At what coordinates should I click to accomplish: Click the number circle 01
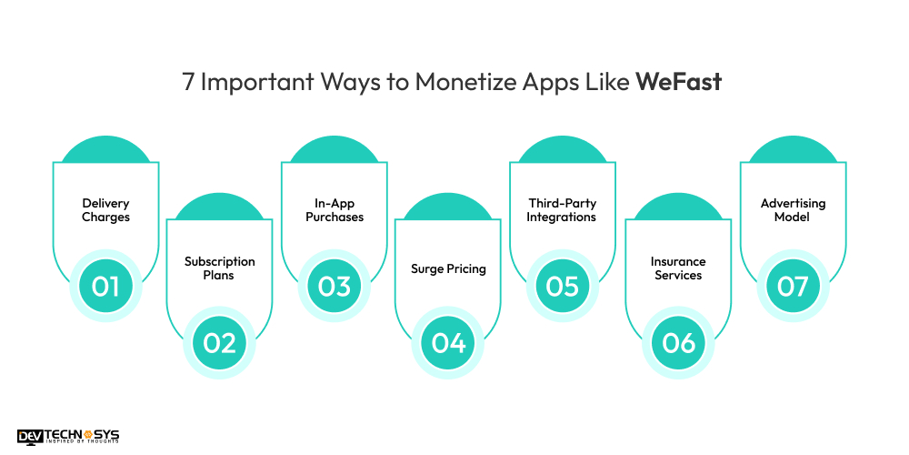click(105, 286)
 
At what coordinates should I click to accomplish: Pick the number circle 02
click(220, 343)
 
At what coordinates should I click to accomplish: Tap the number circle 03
click(335, 286)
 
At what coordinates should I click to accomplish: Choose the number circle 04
click(449, 343)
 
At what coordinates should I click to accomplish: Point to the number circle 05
click(563, 286)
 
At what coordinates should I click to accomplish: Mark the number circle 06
click(678, 343)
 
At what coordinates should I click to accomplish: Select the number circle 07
click(793, 286)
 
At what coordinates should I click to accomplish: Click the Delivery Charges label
click(105, 210)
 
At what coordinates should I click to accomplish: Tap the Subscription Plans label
click(220, 268)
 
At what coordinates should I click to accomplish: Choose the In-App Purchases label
click(335, 210)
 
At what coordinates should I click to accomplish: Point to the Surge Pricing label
click(448, 268)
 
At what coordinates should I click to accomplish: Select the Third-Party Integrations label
click(562, 210)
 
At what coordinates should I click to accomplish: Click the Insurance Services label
click(678, 268)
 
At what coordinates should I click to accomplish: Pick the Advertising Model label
click(792, 210)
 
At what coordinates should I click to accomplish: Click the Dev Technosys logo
click(68, 437)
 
